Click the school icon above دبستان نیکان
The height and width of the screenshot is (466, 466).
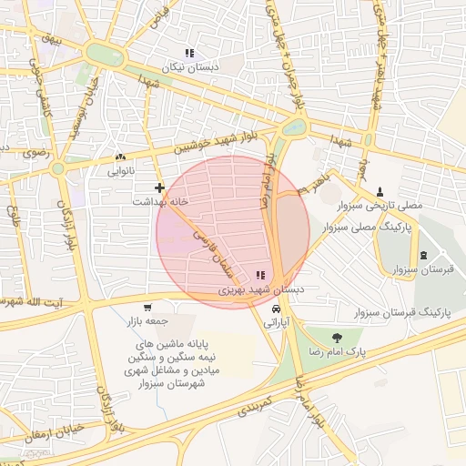(x=190, y=54)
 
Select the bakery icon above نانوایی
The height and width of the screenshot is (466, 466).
(x=121, y=157)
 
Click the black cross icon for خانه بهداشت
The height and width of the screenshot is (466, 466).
(x=159, y=187)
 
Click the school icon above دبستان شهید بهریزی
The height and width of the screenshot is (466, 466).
(x=262, y=275)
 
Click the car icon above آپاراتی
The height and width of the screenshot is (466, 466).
(x=276, y=308)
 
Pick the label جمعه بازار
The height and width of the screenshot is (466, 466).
(x=150, y=322)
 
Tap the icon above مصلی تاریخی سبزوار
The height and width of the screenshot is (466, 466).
(x=380, y=190)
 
